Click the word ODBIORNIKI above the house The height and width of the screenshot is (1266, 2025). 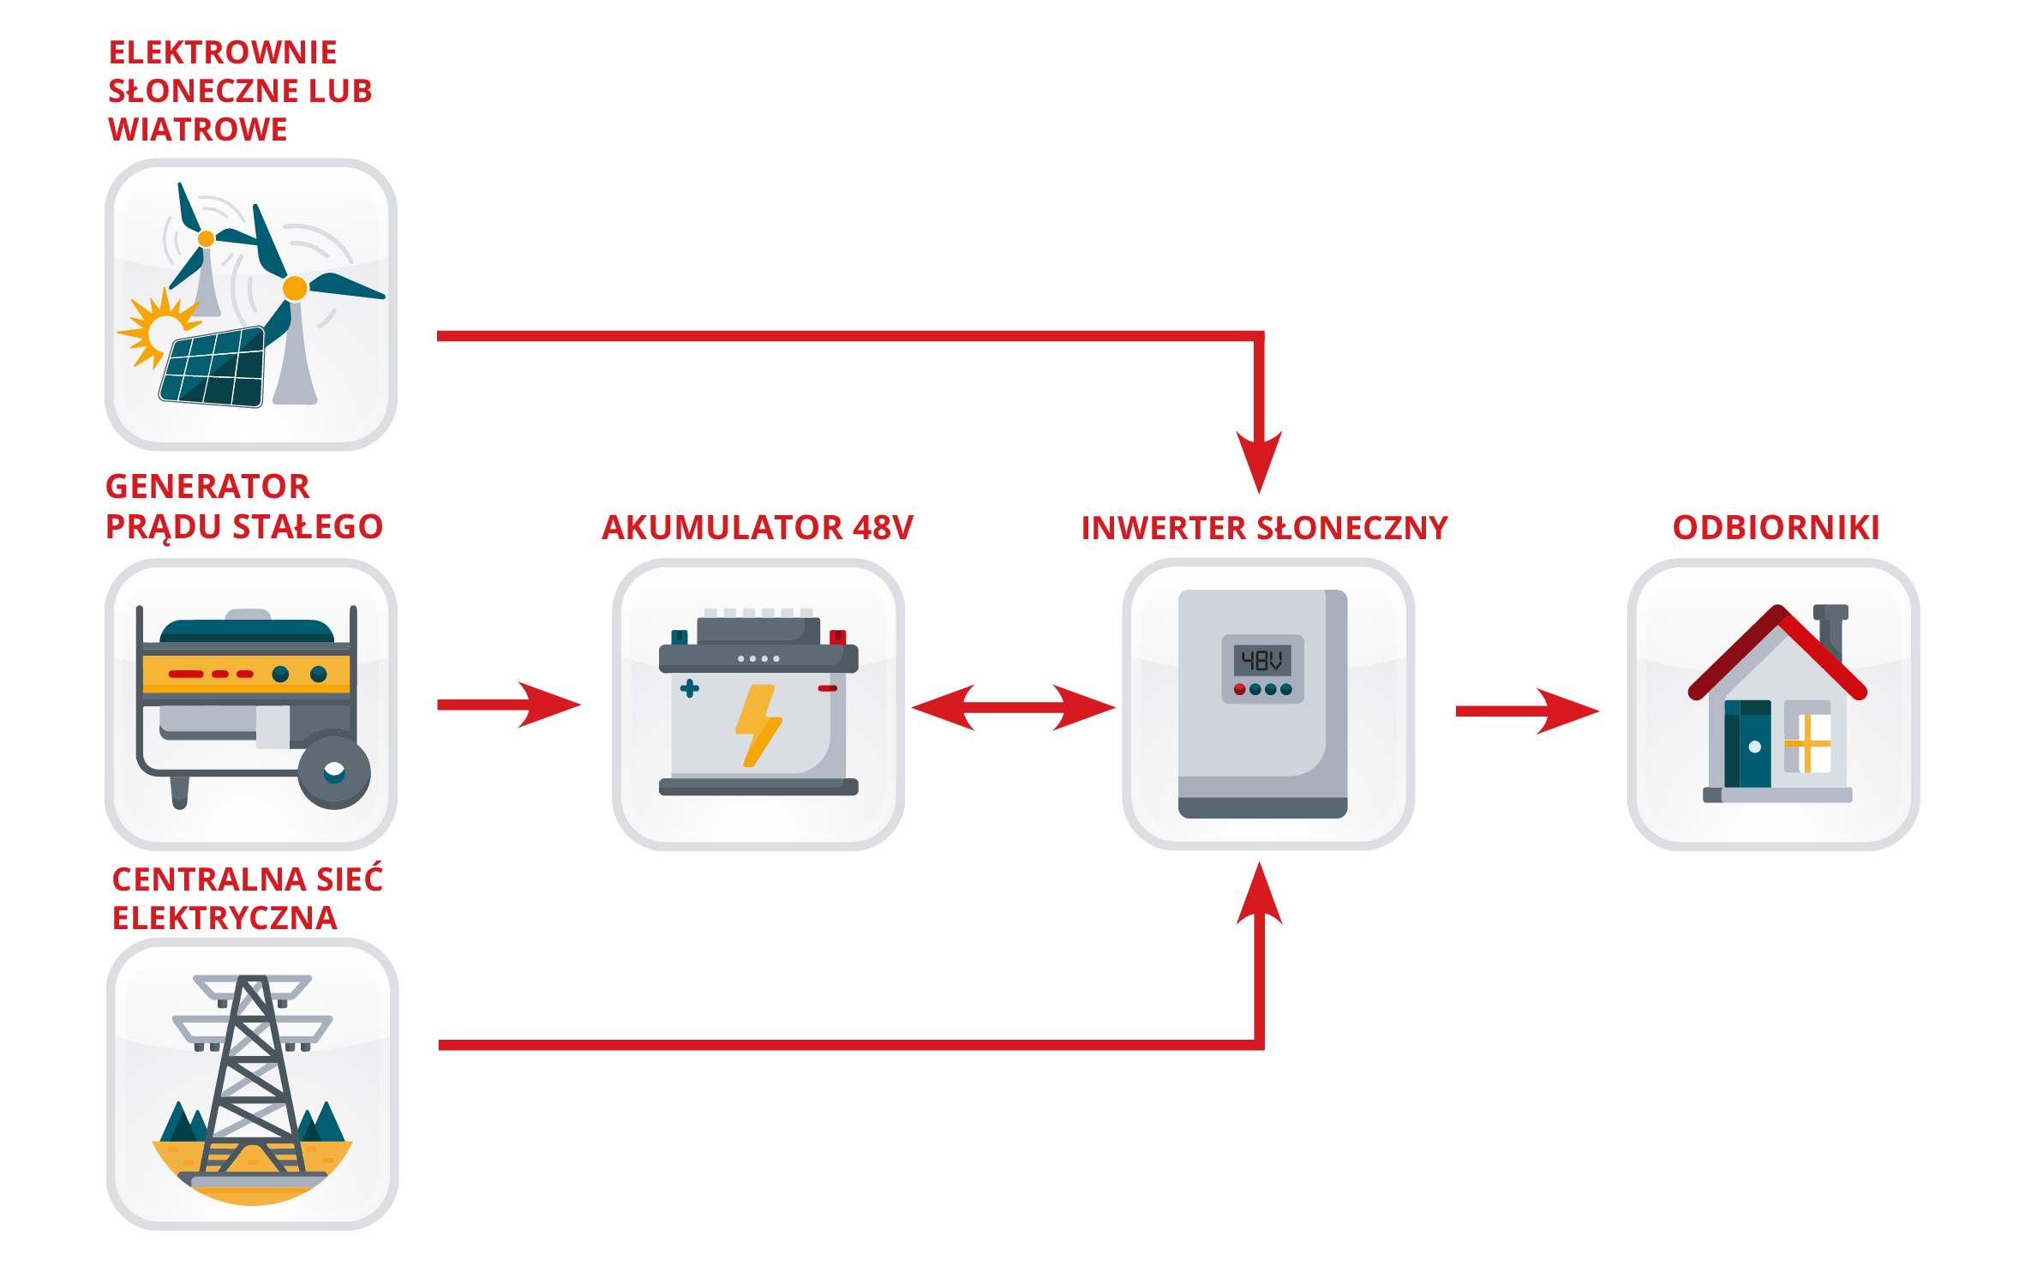click(1776, 527)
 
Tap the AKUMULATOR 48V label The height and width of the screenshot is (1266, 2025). click(758, 527)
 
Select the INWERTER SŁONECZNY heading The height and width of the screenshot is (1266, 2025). click(1264, 527)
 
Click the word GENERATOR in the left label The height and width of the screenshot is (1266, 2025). click(207, 486)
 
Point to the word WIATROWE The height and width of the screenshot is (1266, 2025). click(197, 129)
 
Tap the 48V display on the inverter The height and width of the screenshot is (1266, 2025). click(1261, 660)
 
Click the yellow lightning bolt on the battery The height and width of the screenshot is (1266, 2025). click(758, 724)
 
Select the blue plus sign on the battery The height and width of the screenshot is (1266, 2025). click(689, 688)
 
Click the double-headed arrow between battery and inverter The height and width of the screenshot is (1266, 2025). click(1013, 707)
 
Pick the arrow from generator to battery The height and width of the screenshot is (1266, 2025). click(510, 705)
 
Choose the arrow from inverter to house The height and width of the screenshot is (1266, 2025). click(1527, 711)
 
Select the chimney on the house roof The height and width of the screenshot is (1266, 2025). click(1830, 630)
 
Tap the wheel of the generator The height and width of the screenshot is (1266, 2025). click(334, 772)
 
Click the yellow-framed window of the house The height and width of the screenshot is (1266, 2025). click(1806, 743)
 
